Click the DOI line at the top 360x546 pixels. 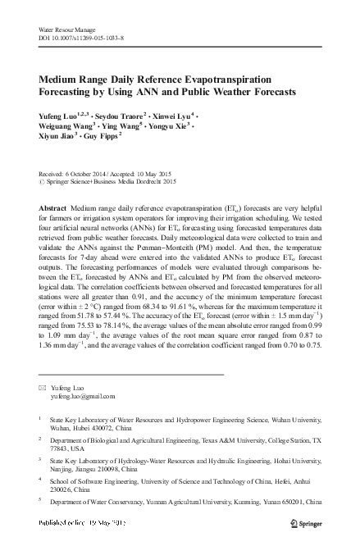pos(80,39)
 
